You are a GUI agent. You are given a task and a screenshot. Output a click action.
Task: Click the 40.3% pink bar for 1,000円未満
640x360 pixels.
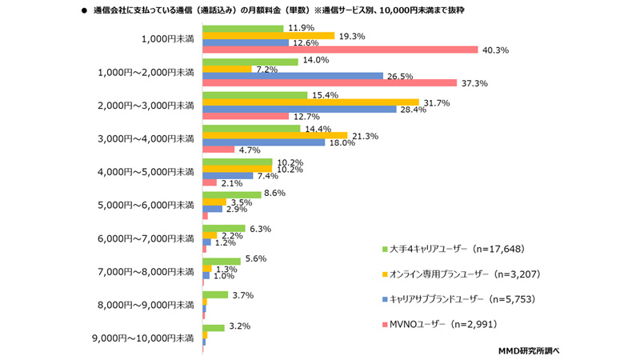click(340, 50)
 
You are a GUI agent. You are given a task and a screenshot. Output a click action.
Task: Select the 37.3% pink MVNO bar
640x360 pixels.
click(330, 83)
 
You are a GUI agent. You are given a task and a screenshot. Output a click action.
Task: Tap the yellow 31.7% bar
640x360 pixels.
click(310, 102)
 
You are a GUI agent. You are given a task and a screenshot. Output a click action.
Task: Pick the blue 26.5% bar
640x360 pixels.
click(293, 76)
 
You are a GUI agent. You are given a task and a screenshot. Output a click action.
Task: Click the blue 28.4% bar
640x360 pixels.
click(299, 109)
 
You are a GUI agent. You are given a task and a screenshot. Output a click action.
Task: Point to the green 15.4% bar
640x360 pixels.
click(255, 94)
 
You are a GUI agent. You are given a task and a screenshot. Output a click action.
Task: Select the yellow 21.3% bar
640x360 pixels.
click(275, 134)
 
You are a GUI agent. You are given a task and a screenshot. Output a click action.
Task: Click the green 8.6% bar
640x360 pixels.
click(232, 194)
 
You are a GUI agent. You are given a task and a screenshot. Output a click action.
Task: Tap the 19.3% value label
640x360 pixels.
click(353, 36)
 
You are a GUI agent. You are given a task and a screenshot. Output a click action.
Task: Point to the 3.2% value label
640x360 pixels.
click(240, 327)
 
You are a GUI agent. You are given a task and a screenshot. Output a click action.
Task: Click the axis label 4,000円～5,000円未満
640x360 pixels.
click(145, 171)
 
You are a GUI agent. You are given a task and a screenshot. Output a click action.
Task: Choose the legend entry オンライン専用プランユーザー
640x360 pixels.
click(464, 274)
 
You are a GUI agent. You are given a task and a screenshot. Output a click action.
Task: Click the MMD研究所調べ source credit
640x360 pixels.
click(529, 350)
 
